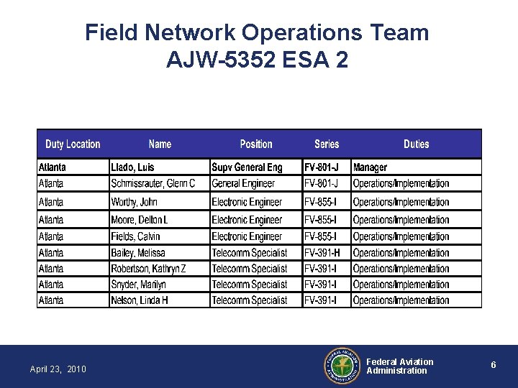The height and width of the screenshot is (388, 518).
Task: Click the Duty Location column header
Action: click(x=73, y=144)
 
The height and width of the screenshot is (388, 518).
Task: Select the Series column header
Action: click(x=327, y=144)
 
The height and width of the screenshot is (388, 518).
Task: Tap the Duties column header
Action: click(x=416, y=144)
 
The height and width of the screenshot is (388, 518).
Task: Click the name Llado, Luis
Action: click(x=132, y=167)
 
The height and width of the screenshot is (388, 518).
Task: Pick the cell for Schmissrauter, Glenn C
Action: click(x=153, y=184)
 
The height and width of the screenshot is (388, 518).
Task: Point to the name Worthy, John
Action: click(x=134, y=202)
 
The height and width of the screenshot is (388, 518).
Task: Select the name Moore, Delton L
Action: click(x=140, y=219)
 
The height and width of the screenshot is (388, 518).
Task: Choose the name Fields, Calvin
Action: click(x=135, y=236)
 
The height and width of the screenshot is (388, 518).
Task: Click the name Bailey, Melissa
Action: click(x=137, y=253)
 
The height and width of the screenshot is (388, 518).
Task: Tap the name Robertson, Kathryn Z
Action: click(x=148, y=269)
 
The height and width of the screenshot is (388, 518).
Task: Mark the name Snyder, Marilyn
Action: click(x=138, y=285)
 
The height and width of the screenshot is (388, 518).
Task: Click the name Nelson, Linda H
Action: click(x=140, y=300)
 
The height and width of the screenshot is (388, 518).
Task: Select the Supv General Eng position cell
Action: click(x=247, y=167)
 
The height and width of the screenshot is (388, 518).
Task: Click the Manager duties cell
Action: click(x=370, y=167)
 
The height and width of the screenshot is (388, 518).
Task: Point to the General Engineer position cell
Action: click(x=243, y=184)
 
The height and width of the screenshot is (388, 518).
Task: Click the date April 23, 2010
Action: click(x=58, y=369)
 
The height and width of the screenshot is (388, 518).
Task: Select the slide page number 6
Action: click(x=494, y=365)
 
